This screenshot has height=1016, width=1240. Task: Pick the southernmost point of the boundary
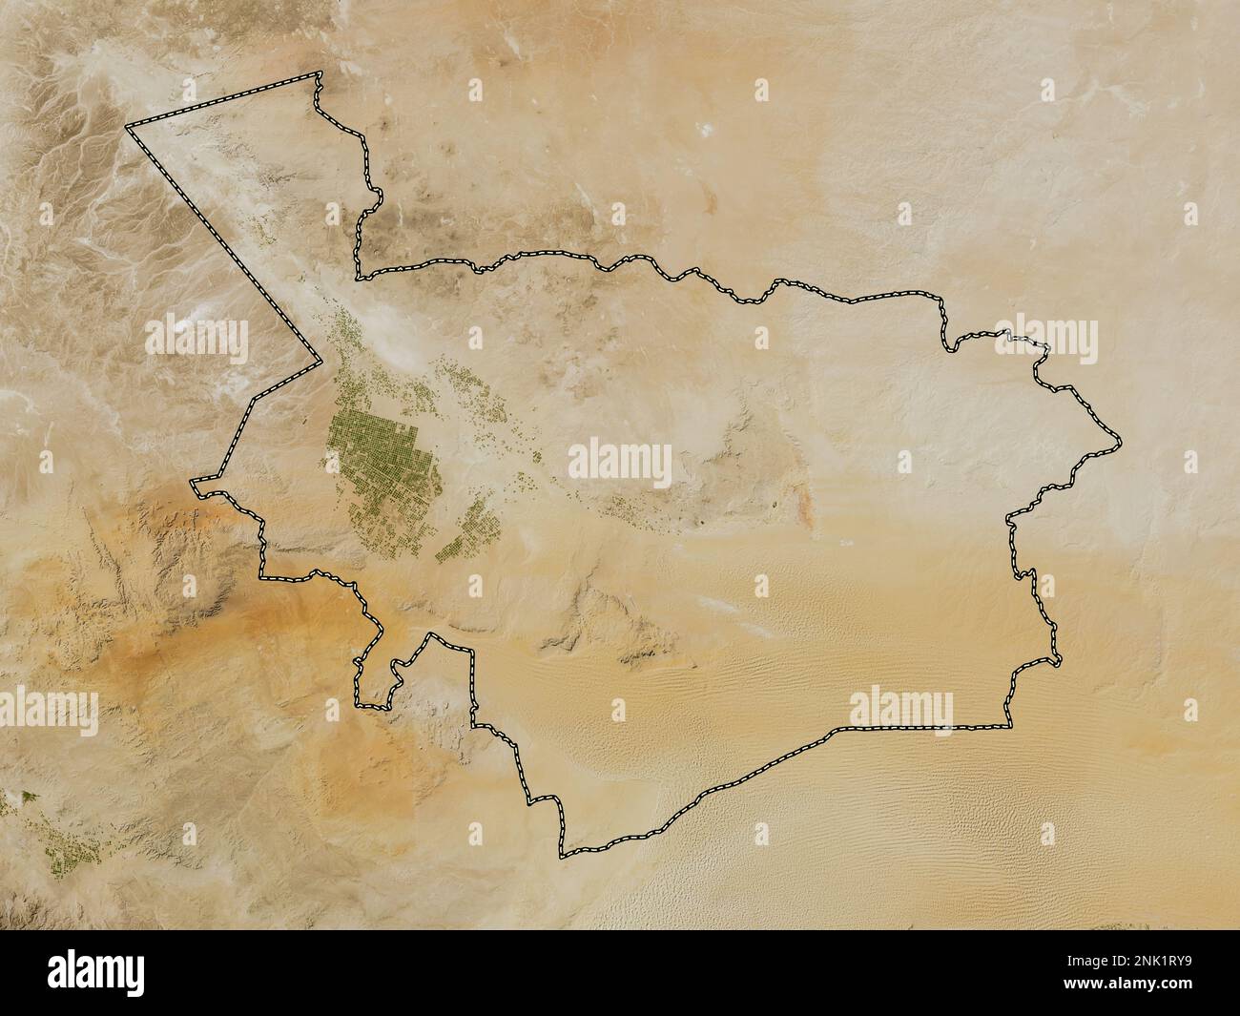(563, 856)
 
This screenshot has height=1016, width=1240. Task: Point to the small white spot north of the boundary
(707, 128)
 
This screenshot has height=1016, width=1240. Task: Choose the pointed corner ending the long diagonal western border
(320, 363)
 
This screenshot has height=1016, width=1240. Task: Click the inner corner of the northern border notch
(359, 278)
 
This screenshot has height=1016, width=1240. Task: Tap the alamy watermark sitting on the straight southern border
(900, 710)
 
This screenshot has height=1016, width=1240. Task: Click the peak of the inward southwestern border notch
(434, 635)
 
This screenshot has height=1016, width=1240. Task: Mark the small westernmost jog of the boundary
(195, 485)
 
